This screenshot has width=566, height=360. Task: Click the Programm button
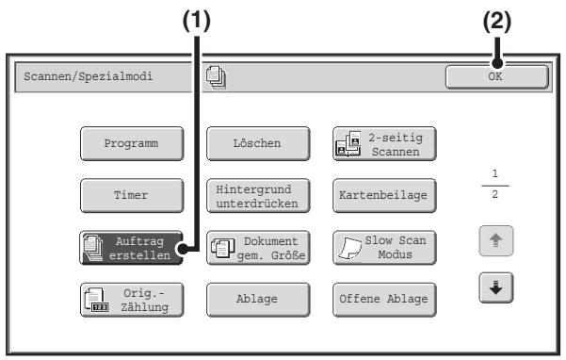[132, 143]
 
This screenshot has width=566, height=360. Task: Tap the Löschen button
[258, 143]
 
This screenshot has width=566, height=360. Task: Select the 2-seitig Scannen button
[384, 143]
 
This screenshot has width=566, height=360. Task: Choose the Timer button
[132, 196]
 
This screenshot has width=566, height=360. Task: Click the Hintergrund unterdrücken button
[258, 196]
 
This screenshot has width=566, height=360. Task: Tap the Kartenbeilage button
[384, 196]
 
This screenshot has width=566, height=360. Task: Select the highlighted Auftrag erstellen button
[132, 248]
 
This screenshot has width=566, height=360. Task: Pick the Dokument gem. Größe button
[258, 248]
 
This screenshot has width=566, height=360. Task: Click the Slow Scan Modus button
[384, 248]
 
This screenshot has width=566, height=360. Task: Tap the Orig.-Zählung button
[132, 300]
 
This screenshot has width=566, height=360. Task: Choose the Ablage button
[258, 300]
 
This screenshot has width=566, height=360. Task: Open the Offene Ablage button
[384, 300]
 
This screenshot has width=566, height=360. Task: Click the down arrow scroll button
[496, 287]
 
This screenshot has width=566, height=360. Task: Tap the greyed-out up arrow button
[496, 241]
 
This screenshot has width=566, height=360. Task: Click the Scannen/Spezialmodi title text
[89, 76]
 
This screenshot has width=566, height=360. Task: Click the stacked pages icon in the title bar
[216, 77]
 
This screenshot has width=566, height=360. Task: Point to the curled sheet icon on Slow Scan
[349, 248]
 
